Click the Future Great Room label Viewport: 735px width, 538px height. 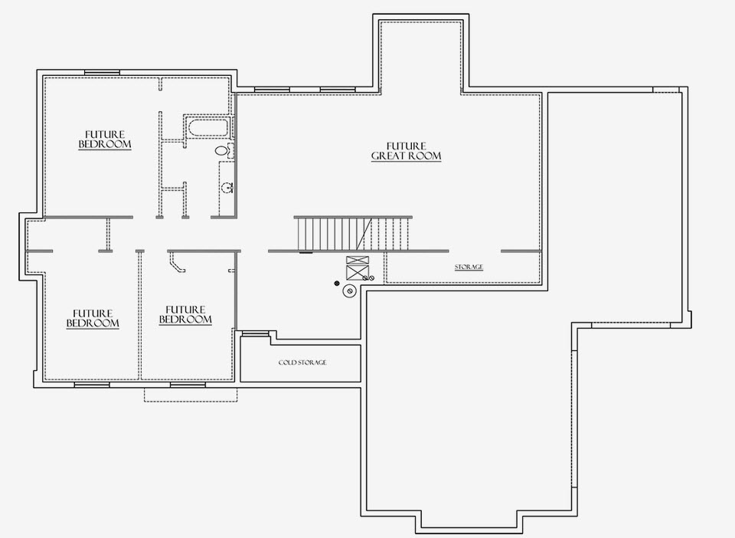coord(407,151)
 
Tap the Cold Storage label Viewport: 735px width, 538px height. coord(302,362)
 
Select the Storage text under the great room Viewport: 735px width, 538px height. coord(469,267)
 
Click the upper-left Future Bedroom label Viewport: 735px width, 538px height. coord(105,139)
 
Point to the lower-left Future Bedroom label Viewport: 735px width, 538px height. coord(93,319)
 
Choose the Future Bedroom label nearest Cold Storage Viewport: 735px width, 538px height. coord(185,315)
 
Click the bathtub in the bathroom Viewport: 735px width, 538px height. coord(208,127)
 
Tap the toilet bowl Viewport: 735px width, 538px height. coord(222,150)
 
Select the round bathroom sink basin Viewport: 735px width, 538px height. coord(227,188)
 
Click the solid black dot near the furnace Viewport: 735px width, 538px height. coord(337,284)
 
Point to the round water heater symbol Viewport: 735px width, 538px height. coord(349,291)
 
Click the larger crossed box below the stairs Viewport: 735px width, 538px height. coord(358,272)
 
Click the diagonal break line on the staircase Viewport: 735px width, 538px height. coord(364,234)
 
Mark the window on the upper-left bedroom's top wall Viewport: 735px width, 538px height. coord(102,72)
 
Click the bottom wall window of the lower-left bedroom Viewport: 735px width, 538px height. coord(92,385)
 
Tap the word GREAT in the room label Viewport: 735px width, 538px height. coord(389,156)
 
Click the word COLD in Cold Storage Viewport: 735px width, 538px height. coord(287,362)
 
